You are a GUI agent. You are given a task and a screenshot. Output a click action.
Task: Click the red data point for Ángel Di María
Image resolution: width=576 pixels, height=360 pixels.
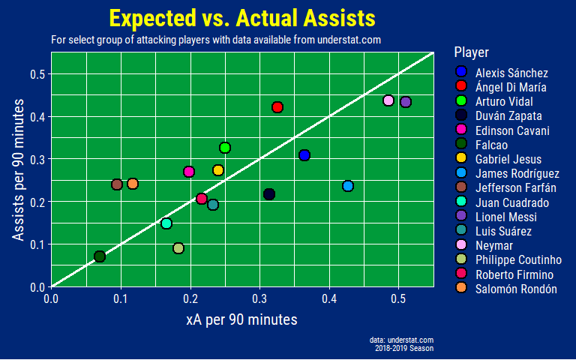coord(277,107)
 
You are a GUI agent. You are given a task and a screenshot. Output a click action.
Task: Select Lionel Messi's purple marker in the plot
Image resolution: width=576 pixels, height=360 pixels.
coord(406,102)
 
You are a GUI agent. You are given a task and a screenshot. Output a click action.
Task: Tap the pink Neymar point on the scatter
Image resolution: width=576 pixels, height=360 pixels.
coord(388,100)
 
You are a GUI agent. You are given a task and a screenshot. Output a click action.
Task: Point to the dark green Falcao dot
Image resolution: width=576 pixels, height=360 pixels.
coord(100,256)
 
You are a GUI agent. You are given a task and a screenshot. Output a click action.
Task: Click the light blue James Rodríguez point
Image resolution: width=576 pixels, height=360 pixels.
coord(347,186)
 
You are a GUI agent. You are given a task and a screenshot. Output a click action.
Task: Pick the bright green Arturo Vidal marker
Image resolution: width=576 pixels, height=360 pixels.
coord(224,148)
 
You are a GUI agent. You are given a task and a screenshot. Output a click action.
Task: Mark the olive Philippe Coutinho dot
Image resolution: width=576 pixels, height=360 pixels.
coord(178,248)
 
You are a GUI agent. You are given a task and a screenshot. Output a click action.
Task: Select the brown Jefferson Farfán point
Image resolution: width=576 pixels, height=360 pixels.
coord(116,184)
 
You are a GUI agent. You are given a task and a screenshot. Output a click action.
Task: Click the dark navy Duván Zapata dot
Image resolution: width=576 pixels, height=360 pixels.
coord(269,194)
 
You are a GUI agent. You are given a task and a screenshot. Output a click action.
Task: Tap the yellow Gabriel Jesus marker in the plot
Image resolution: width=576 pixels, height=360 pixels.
coord(218,170)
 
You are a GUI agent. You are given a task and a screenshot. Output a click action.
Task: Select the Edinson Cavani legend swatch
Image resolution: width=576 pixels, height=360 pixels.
coord(461,130)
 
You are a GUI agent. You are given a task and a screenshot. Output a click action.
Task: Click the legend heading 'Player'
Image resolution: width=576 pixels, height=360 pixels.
coord(472,52)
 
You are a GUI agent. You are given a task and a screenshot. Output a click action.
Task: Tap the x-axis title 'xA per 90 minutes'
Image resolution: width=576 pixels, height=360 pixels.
coord(241,319)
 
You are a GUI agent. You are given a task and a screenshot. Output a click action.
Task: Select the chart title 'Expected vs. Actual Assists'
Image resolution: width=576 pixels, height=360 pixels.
coord(241,18)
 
